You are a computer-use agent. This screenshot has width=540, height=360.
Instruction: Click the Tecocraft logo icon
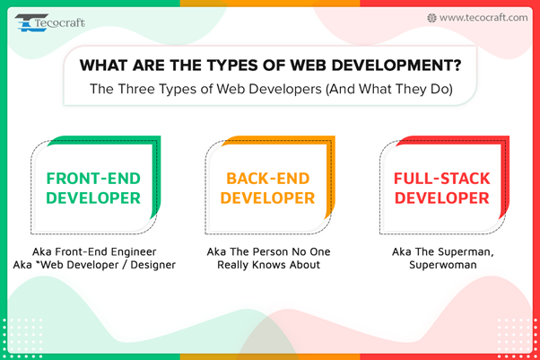click(31, 22)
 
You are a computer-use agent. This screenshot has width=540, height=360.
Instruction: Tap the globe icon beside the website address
click(431, 18)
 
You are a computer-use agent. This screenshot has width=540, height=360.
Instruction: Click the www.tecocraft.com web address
click(483, 18)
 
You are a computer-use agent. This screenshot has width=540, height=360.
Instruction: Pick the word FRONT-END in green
click(93, 179)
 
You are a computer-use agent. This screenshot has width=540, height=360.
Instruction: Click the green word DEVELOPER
click(93, 198)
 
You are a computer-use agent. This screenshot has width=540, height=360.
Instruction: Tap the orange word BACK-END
click(268, 179)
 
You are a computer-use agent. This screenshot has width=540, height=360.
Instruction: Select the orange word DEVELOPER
click(267, 198)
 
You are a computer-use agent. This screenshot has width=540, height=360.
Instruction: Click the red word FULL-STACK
click(442, 179)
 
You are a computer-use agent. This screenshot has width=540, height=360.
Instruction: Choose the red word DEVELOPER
click(442, 198)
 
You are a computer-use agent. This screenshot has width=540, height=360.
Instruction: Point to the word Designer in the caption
click(152, 265)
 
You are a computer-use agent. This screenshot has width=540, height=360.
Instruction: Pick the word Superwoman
click(443, 265)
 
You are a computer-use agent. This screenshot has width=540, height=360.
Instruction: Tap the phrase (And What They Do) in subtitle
click(389, 89)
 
